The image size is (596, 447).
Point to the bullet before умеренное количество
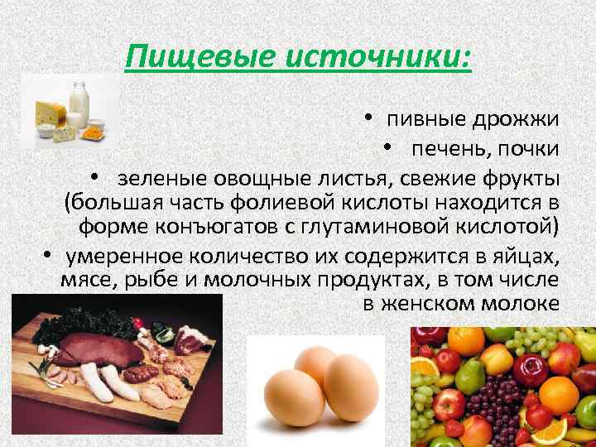coord(48,254)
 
